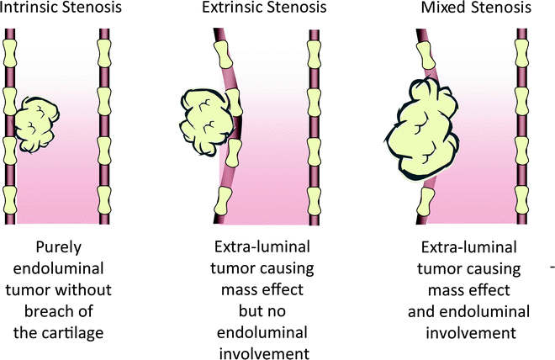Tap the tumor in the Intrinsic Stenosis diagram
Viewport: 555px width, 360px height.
tap(39, 122)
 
